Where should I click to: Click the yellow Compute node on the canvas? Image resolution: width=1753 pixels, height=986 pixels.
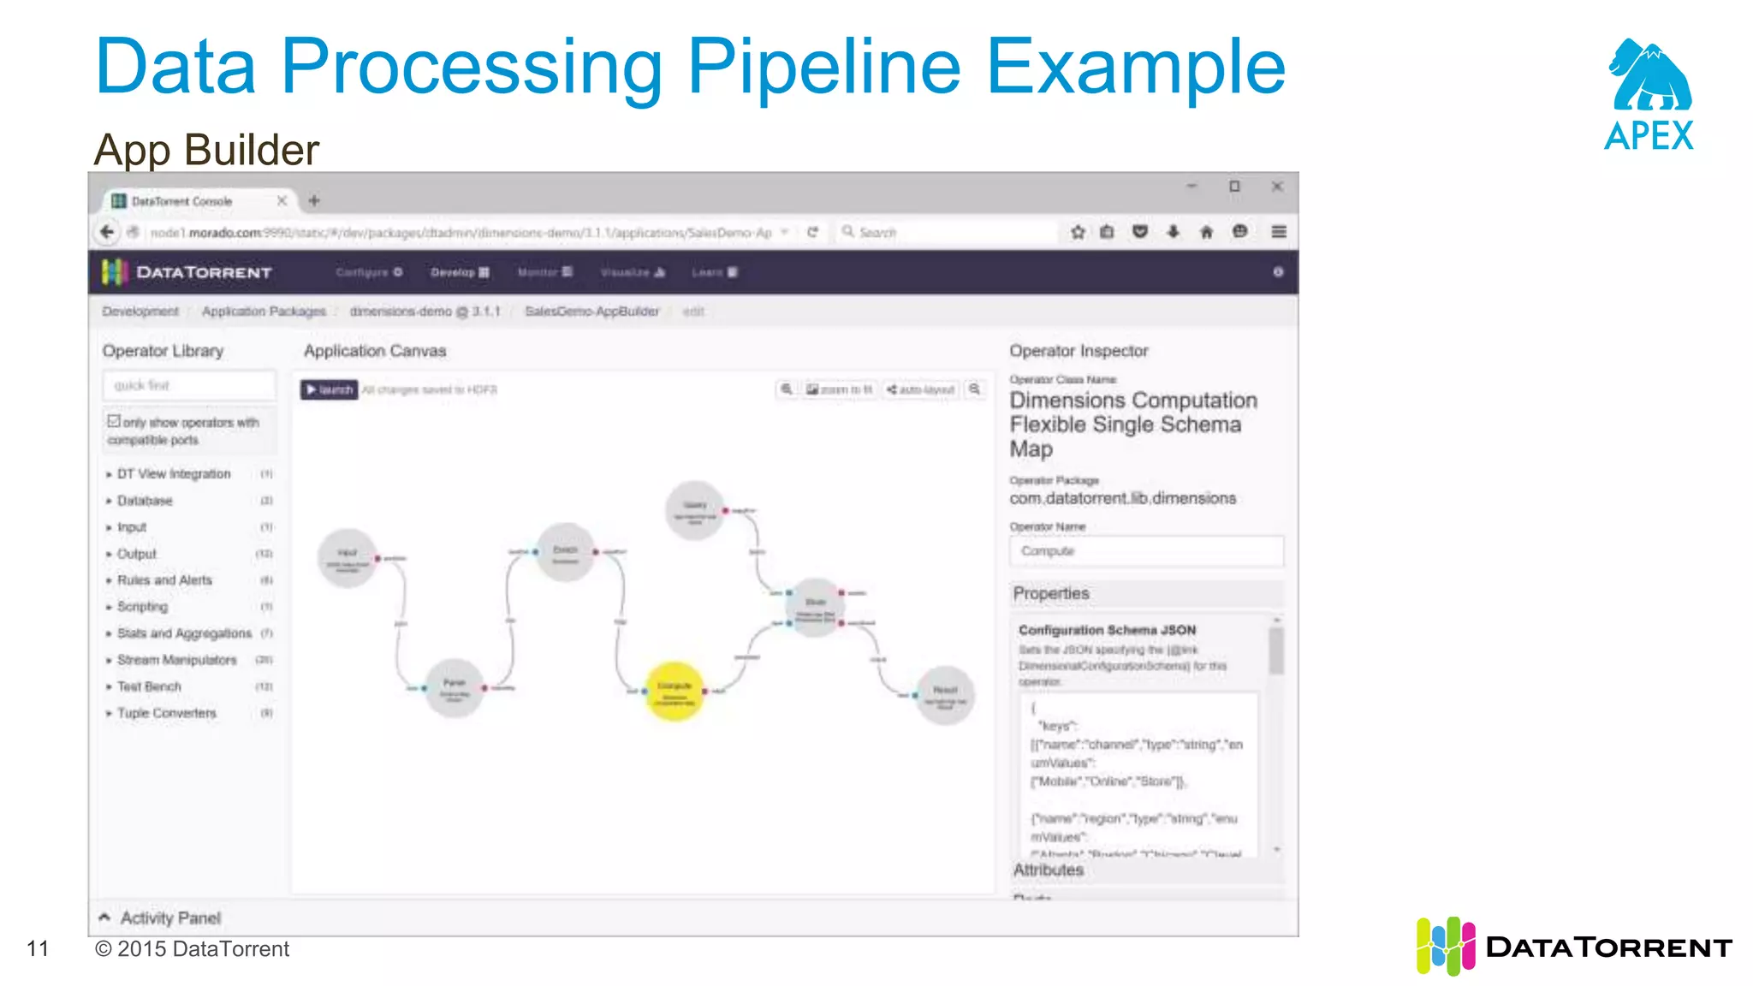click(674, 691)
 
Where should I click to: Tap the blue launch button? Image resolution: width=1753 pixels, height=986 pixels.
click(330, 389)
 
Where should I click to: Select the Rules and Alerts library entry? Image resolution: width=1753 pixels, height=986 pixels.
click(164, 580)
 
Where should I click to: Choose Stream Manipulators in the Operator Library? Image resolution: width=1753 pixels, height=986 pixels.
click(176, 660)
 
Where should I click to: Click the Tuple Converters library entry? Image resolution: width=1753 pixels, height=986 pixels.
click(167, 713)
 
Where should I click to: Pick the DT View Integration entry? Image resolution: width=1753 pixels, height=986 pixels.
click(174, 473)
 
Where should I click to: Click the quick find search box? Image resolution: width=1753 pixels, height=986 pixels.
click(189, 385)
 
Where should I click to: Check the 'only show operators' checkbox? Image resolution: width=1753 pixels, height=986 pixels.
click(114, 421)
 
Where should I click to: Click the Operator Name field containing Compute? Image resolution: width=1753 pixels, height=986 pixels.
click(1145, 551)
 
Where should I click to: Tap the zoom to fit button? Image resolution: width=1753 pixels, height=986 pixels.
click(839, 389)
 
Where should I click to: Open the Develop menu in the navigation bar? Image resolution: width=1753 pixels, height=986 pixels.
click(460, 272)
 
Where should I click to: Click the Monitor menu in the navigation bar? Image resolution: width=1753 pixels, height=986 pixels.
click(544, 272)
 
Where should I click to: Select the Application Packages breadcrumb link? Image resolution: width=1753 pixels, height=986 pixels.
click(264, 312)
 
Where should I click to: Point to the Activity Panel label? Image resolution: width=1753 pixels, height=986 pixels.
click(170, 918)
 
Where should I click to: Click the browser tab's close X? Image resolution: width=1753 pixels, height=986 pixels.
click(282, 200)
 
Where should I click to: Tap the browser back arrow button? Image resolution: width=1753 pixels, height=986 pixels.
click(107, 232)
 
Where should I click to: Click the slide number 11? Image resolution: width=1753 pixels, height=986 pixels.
click(38, 948)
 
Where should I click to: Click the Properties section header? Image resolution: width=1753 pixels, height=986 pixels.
click(1051, 593)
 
